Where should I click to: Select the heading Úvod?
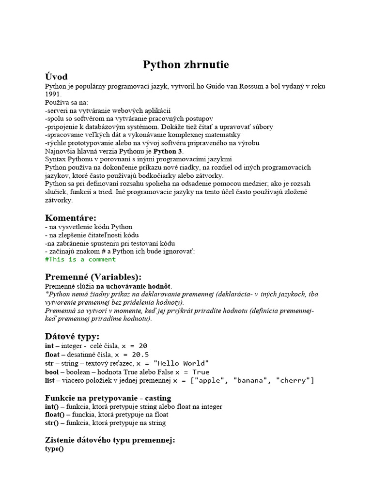click(56, 77)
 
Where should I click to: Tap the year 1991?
click(53, 94)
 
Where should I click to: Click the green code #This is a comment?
click(80, 259)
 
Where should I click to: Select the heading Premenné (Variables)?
click(93, 277)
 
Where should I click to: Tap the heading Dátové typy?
click(72, 336)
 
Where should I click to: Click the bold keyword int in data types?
click(49, 346)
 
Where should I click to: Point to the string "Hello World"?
click(181, 363)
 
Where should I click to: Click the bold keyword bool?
click(52, 372)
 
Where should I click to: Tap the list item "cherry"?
click(294, 381)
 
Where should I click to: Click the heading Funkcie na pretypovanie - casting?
click(108, 398)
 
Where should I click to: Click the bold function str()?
click(51, 423)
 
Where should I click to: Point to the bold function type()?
click(54, 449)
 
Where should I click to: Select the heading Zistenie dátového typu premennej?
click(110, 440)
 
